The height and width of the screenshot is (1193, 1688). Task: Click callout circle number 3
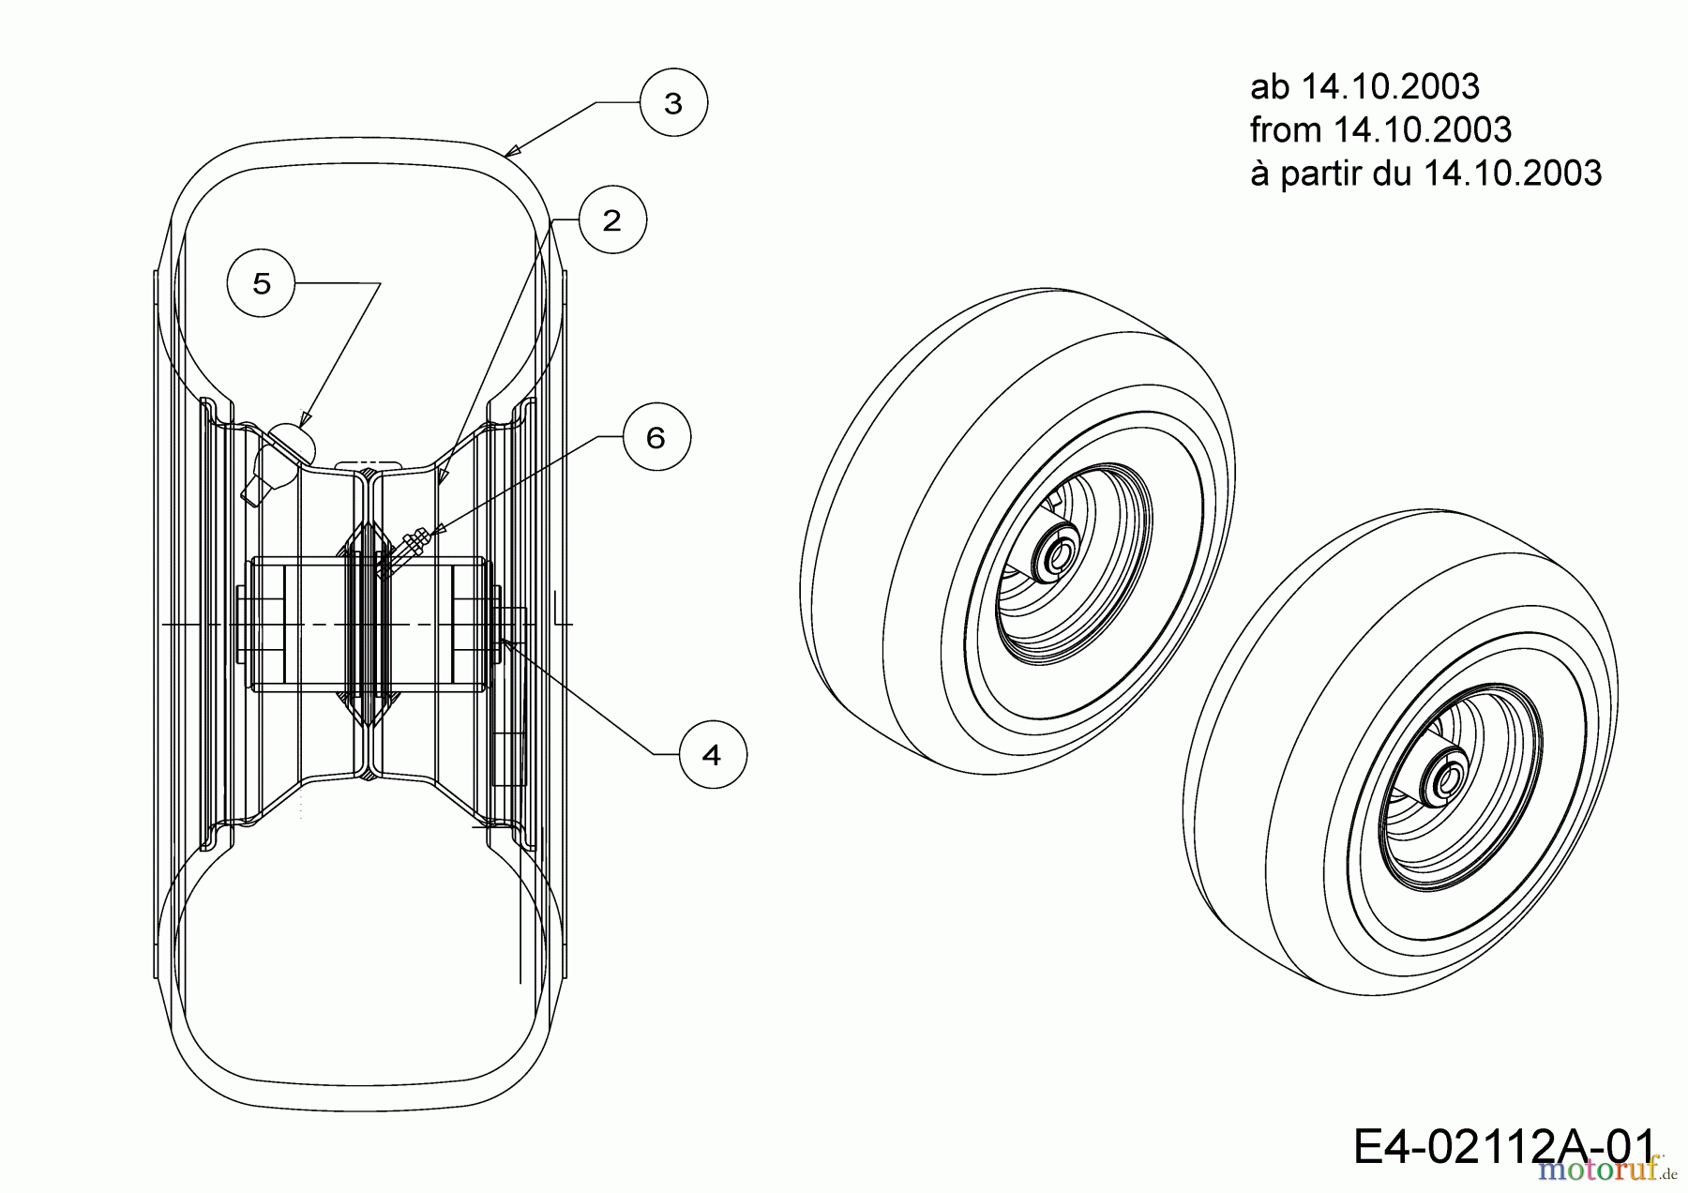click(x=673, y=103)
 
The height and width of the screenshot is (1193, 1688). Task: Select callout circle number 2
click(x=611, y=220)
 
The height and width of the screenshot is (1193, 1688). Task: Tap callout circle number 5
click(x=262, y=283)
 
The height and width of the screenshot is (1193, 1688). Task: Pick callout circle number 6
click(x=656, y=437)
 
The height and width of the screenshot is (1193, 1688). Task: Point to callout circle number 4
click(x=712, y=754)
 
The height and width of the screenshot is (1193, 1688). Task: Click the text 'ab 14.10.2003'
click(x=1364, y=87)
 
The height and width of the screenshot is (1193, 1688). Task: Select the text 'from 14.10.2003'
click(x=1380, y=130)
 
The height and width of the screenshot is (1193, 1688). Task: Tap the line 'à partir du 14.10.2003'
click(x=1425, y=174)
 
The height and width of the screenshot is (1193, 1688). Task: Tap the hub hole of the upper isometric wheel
click(x=1056, y=555)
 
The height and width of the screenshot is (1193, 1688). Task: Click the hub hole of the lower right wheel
click(x=1446, y=779)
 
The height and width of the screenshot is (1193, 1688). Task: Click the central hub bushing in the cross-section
click(x=368, y=625)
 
